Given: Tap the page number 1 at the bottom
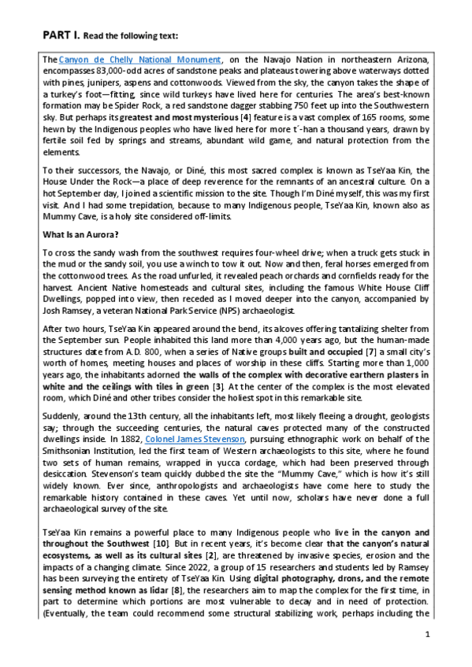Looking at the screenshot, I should pos(426,634).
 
